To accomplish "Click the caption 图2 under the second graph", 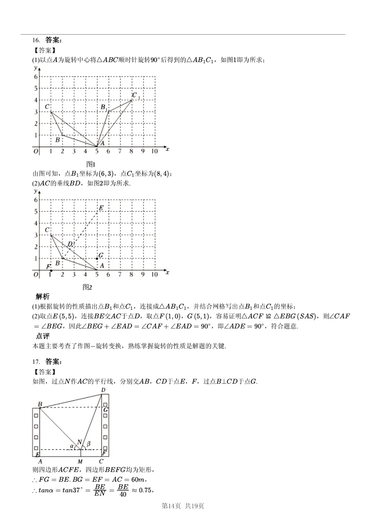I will [x=87, y=287].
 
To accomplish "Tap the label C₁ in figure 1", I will [x=136, y=96].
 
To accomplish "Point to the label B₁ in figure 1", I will [x=104, y=108].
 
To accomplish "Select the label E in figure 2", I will [x=101, y=208].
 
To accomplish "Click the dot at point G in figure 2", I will [x=97, y=259].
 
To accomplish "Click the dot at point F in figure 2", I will [x=51, y=271].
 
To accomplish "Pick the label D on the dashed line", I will [x=70, y=244].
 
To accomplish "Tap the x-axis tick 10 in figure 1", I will [x=155, y=151].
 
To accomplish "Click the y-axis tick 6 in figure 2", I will [x=36, y=200].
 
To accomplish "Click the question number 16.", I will [x=36, y=40].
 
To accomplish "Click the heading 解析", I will [x=43, y=297].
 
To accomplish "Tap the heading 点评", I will [x=43, y=336].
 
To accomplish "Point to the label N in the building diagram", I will [x=80, y=442].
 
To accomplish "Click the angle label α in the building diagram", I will [x=72, y=446].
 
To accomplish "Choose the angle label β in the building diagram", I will [x=89, y=444].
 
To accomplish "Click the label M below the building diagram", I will [x=80, y=462].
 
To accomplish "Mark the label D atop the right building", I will [x=103, y=390].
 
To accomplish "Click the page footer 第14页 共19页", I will [x=183, y=506].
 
